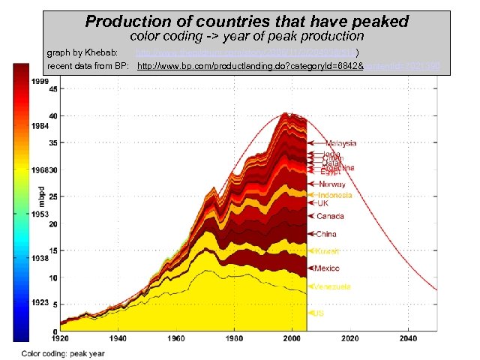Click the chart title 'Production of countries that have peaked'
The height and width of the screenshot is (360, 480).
tap(247, 21)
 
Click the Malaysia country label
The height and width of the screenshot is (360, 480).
tap(340, 143)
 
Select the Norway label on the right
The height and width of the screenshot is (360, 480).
tap(332, 184)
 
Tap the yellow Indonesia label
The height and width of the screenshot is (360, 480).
tap(335, 195)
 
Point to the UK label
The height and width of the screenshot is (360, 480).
tap(323, 203)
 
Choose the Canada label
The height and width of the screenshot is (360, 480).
tap(330, 216)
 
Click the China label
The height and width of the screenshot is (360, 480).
tap(326, 234)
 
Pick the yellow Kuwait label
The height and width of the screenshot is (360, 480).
tap(327, 251)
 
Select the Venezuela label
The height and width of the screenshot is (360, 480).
tap(334, 287)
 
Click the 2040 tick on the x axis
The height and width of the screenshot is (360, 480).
tap(408, 339)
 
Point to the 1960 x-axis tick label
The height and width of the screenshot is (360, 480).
tap(176, 339)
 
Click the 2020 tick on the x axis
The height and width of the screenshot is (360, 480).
tap(350, 339)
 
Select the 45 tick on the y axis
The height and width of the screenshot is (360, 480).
tap(53, 88)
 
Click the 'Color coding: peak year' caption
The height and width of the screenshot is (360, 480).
tap(63, 352)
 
